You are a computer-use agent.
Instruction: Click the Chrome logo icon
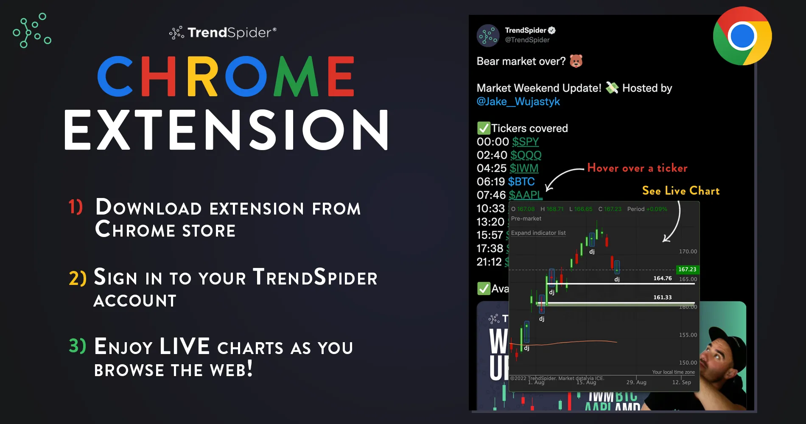pyautogui.click(x=742, y=36)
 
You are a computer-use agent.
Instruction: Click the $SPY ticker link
pyautogui.click(x=525, y=142)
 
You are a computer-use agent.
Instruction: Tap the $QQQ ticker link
pyautogui.click(x=526, y=155)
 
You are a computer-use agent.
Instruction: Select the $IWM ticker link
pyautogui.click(x=524, y=168)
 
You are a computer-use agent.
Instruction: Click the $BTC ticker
pyautogui.click(x=521, y=182)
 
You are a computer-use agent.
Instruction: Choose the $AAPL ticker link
pyautogui.click(x=526, y=195)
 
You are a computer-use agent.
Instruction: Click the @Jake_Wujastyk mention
pyautogui.click(x=518, y=102)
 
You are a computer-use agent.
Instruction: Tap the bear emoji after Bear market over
pyautogui.click(x=576, y=61)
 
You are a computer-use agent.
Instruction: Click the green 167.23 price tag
pyautogui.click(x=687, y=269)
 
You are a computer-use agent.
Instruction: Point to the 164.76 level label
pyautogui.click(x=662, y=279)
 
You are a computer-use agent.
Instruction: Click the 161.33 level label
pyautogui.click(x=662, y=298)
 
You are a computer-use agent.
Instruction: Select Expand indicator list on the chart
pyautogui.click(x=538, y=233)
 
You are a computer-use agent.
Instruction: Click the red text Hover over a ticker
pyautogui.click(x=637, y=168)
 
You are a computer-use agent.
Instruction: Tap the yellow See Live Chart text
pyautogui.click(x=681, y=191)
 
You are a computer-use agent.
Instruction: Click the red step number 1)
pyautogui.click(x=76, y=206)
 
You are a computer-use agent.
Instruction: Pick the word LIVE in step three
pyautogui.click(x=185, y=346)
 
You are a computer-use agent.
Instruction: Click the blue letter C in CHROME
pyautogui.click(x=115, y=76)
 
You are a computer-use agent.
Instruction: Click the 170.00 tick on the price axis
pyautogui.click(x=688, y=251)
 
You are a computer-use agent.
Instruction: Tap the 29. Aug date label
pyautogui.click(x=636, y=382)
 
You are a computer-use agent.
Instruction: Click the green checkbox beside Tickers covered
pyautogui.click(x=484, y=128)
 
